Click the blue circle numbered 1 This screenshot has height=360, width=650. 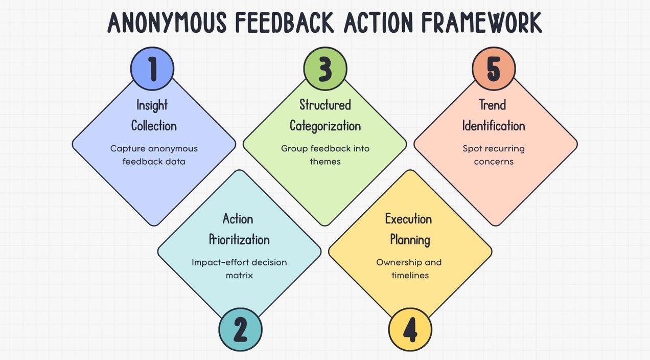coord(152,69)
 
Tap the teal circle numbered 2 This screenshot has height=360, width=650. coord(240,329)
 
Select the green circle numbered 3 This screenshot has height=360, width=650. coord(325,69)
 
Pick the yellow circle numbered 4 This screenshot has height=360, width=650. coord(410,329)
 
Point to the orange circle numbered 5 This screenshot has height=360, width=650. coord(493,69)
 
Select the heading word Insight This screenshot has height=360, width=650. coord(152,105)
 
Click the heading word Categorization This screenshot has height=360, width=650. coord(325,126)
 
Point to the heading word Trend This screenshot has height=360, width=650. coord(493,105)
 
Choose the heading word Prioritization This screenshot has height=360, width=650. coord(239,239)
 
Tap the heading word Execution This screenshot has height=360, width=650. coord(408,219)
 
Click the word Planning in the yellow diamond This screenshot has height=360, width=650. coord(410,239)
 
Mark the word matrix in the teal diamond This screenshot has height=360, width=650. coord(239,276)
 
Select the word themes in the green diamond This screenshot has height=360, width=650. coord(325,162)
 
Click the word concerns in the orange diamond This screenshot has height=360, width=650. coord(494,162)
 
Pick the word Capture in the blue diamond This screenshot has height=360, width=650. coord(128,149)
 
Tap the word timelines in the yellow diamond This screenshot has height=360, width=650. coord(410,276)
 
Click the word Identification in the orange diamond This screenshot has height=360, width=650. coord(494,126)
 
